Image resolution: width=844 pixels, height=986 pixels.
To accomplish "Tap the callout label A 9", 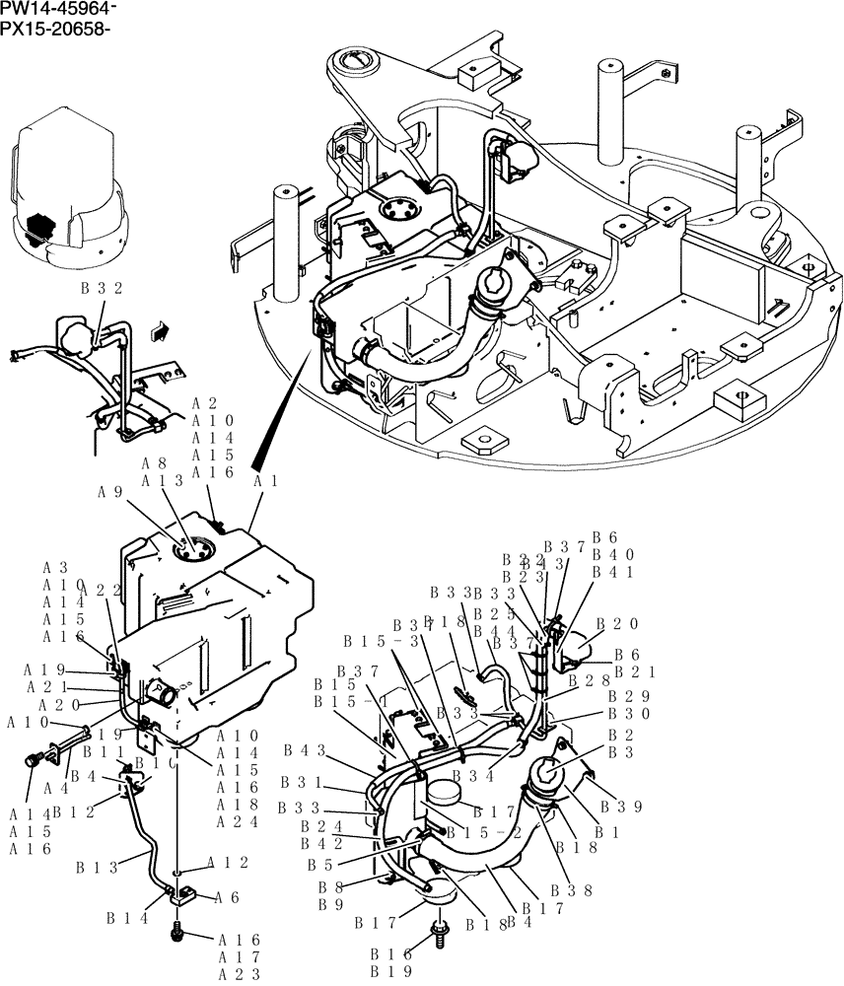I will pyautogui.click(x=112, y=492).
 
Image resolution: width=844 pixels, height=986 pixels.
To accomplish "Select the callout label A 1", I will pyautogui.click(x=266, y=481).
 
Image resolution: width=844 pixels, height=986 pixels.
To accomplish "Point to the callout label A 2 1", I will pyautogui.click(x=46, y=686).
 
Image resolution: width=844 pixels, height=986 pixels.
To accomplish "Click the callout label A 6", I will pyautogui.click(x=227, y=897).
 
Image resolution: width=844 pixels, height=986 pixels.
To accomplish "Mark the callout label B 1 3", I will pyautogui.click(x=97, y=868).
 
